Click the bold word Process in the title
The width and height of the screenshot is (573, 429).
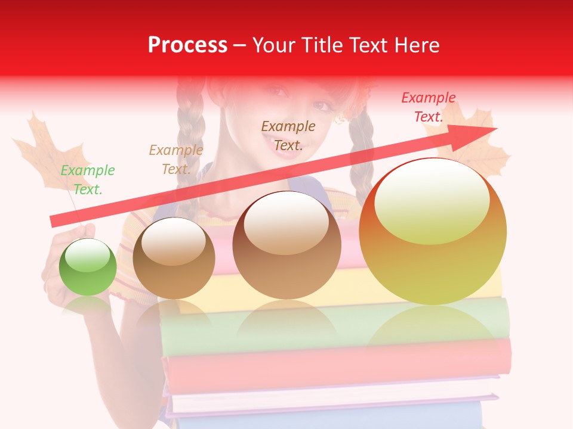coord(187,45)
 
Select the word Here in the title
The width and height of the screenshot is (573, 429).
coord(417,45)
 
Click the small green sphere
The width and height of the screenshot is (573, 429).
coord(88,268)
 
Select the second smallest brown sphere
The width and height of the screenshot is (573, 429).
coord(174,258)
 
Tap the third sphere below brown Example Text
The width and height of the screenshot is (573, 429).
coord(286,245)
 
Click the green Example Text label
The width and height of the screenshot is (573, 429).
coord(87,180)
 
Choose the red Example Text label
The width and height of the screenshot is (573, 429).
coord(428,107)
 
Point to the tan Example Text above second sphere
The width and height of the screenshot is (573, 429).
coord(175,160)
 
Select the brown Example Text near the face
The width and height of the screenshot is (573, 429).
coord(288,135)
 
